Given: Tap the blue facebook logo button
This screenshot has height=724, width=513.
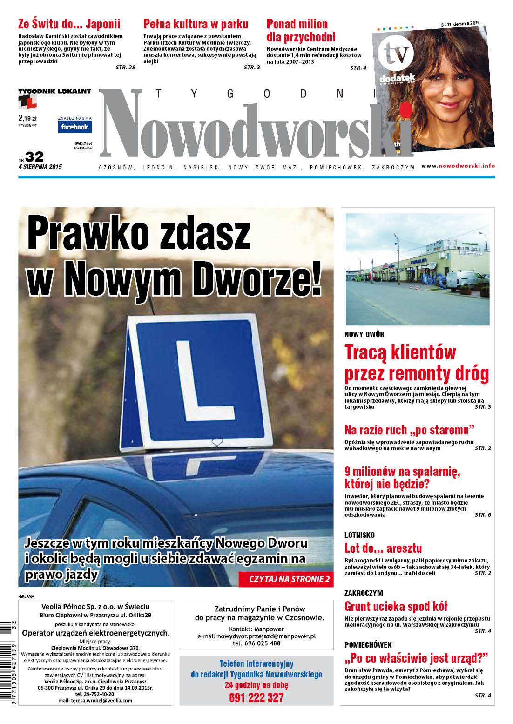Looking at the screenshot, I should [x=74, y=127].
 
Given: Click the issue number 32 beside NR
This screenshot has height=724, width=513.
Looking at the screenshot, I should [x=34, y=156].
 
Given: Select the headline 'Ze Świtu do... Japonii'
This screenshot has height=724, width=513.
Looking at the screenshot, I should [x=69, y=24].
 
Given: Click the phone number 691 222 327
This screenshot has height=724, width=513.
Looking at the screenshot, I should [x=256, y=697].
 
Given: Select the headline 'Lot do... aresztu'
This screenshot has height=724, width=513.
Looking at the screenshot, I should [x=383, y=548].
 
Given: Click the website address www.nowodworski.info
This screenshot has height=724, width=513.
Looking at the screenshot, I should [x=458, y=166].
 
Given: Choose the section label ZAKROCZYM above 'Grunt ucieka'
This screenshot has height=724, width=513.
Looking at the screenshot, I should [x=364, y=593].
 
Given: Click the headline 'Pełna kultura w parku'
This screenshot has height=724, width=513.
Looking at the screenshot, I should [x=196, y=24].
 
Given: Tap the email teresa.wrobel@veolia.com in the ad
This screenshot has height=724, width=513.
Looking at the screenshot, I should [x=95, y=700].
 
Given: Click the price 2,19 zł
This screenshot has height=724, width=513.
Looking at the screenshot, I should [x=27, y=118].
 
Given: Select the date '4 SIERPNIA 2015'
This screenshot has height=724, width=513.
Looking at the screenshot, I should [x=40, y=167].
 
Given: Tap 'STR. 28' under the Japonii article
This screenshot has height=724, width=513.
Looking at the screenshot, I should [x=125, y=68].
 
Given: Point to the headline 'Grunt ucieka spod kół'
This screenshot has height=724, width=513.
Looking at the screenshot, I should [x=396, y=606].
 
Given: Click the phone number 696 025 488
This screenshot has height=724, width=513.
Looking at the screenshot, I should [x=256, y=643].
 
